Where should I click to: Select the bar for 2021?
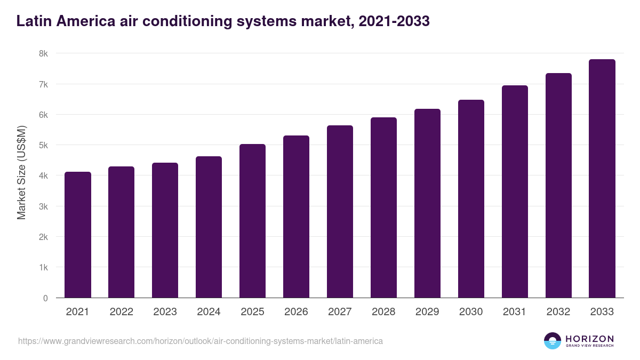78,235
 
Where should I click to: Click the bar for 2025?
252,221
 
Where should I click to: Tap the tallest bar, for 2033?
602,179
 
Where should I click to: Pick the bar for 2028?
383,207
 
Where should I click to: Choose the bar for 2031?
515,191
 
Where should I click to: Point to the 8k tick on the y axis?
43,53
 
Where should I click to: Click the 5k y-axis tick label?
43,145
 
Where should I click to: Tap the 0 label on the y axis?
45,298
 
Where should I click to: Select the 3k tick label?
43,206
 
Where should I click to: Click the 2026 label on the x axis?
296,312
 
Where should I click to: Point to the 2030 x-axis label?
471,312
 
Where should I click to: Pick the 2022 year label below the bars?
121,312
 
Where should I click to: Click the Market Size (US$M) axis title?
21,172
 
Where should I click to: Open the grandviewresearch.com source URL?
200,341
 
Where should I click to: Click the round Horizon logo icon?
553,341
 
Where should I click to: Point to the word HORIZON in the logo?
589,339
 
